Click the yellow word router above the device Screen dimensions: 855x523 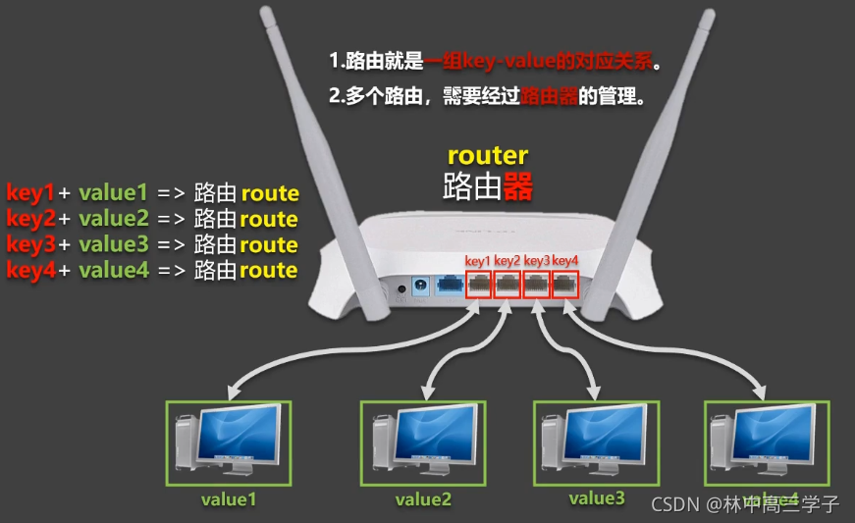[x=488, y=155]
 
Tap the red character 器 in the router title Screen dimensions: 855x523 [x=518, y=186]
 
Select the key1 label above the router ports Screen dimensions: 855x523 [x=477, y=261]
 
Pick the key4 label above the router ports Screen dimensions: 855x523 [x=566, y=261]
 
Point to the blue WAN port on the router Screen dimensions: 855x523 [x=450, y=285]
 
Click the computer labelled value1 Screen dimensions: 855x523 [x=228, y=443]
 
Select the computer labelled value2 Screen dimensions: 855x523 [x=424, y=443]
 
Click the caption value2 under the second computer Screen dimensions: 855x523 [x=424, y=499]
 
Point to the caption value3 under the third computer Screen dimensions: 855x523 [x=596, y=498]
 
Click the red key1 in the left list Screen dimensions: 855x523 [x=29, y=192]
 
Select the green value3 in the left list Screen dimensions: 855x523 [x=114, y=244]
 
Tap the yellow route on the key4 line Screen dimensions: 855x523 [x=269, y=270]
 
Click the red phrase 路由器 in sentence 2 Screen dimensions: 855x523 [x=548, y=98]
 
